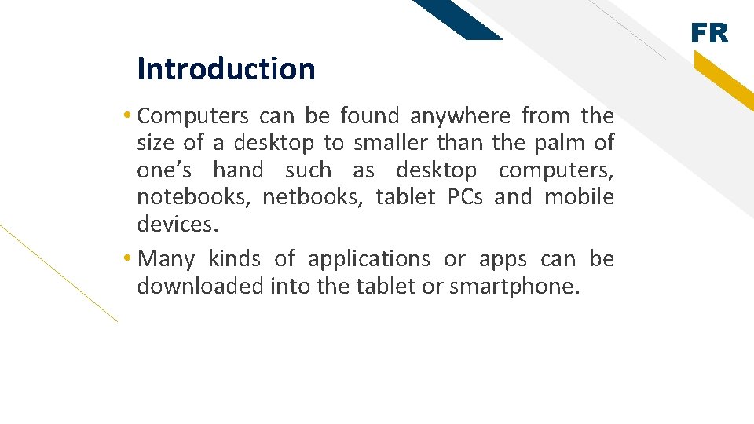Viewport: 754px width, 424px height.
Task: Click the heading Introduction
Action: point(225,69)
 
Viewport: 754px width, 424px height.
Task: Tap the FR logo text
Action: point(710,34)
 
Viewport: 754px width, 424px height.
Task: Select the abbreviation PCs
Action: point(465,197)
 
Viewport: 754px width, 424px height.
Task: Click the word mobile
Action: point(580,197)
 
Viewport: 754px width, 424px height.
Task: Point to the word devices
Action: point(174,224)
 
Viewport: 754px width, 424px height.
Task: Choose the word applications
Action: point(368,259)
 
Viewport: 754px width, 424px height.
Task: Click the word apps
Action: point(499,259)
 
